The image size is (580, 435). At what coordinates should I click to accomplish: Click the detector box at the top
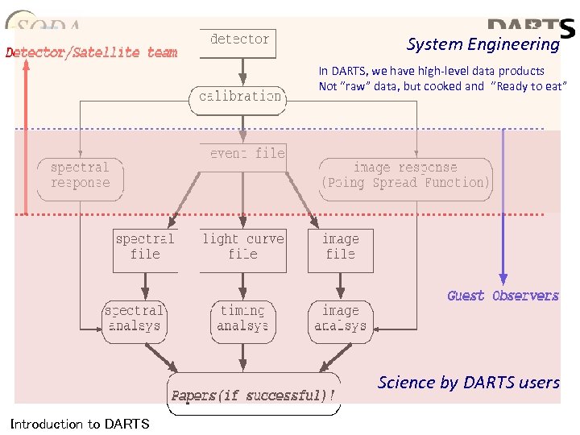(x=239, y=39)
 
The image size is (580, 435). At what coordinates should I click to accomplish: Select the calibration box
(x=240, y=97)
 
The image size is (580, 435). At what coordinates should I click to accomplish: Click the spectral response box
(x=80, y=176)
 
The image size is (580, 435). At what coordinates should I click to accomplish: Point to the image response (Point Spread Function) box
(x=405, y=176)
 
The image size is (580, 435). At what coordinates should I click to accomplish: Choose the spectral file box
(x=145, y=246)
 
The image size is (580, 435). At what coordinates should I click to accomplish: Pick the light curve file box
(x=242, y=246)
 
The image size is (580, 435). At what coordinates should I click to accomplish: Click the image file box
(x=340, y=246)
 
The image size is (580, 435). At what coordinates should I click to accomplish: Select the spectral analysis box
(x=134, y=319)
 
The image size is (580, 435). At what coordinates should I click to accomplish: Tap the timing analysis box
(x=242, y=319)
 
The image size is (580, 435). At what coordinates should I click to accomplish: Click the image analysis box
(x=340, y=319)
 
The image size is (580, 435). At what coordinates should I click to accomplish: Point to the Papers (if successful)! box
(x=253, y=395)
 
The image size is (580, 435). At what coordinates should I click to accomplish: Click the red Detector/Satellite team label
(x=91, y=53)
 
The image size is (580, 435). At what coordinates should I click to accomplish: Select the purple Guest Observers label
(x=503, y=296)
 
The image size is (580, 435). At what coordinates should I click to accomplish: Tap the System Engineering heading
(x=483, y=44)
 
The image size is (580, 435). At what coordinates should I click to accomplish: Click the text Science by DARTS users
(x=468, y=383)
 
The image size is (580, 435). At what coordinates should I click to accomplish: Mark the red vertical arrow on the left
(x=26, y=137)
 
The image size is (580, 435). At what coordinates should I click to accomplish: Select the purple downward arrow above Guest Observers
(x=503, y=201)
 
